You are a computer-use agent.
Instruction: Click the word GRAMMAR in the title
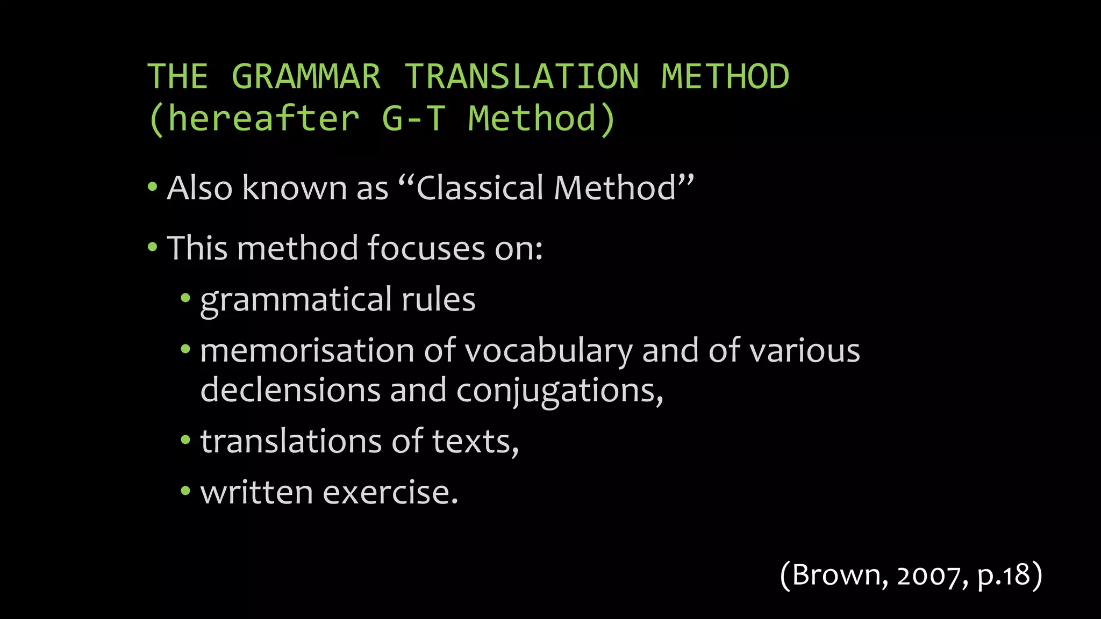pyautogui.click(x=306, y=76)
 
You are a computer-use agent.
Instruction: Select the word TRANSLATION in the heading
pyautogui.click(x=521, y=76)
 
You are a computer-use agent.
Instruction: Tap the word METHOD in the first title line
pyautogui.click(x=725, y=76)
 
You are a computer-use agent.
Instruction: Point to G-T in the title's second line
pyautogui.click(x=413, y=119)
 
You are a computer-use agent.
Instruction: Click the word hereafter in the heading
pyautogui.click(x=263, y=119)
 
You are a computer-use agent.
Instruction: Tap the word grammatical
pyautogui.click(x=296, y=300)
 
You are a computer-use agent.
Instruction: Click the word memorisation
pyautogui.click(x=307, y=351)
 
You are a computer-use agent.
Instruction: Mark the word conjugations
pyautogui.click(x=559, y=391)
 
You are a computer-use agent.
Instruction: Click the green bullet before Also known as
pyautogui.click(x=153, y=188)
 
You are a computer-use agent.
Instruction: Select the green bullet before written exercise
pyautogui.click(x=185, y=491)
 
